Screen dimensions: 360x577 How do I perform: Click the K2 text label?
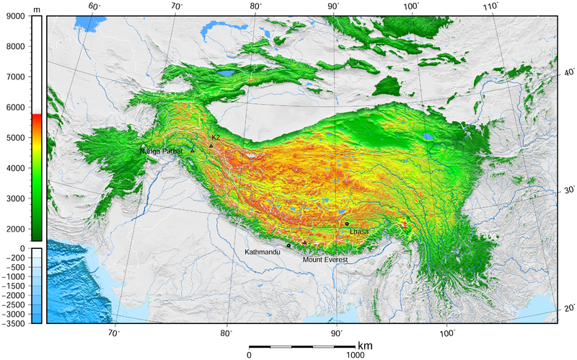point(216,137)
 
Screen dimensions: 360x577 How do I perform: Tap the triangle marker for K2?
point(211,146)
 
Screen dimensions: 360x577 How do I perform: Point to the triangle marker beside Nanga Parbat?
point(193,151)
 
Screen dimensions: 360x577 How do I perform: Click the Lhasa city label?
point(359,232)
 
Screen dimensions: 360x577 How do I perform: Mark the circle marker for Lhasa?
point(347,224)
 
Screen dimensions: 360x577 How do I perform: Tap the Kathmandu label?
point(262,253)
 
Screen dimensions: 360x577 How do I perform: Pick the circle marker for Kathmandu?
point(288,245)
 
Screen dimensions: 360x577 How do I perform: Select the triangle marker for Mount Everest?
point(304,243)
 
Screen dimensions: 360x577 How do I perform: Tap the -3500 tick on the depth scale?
point(12,324)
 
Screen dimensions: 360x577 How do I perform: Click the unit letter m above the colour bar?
point(36,7)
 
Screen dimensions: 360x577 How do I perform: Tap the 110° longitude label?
point(492,6)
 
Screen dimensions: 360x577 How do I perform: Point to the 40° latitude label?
point(569,72)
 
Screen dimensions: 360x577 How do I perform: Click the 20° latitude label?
point(569,309)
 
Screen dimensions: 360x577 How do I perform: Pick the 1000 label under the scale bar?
point(354,355)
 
